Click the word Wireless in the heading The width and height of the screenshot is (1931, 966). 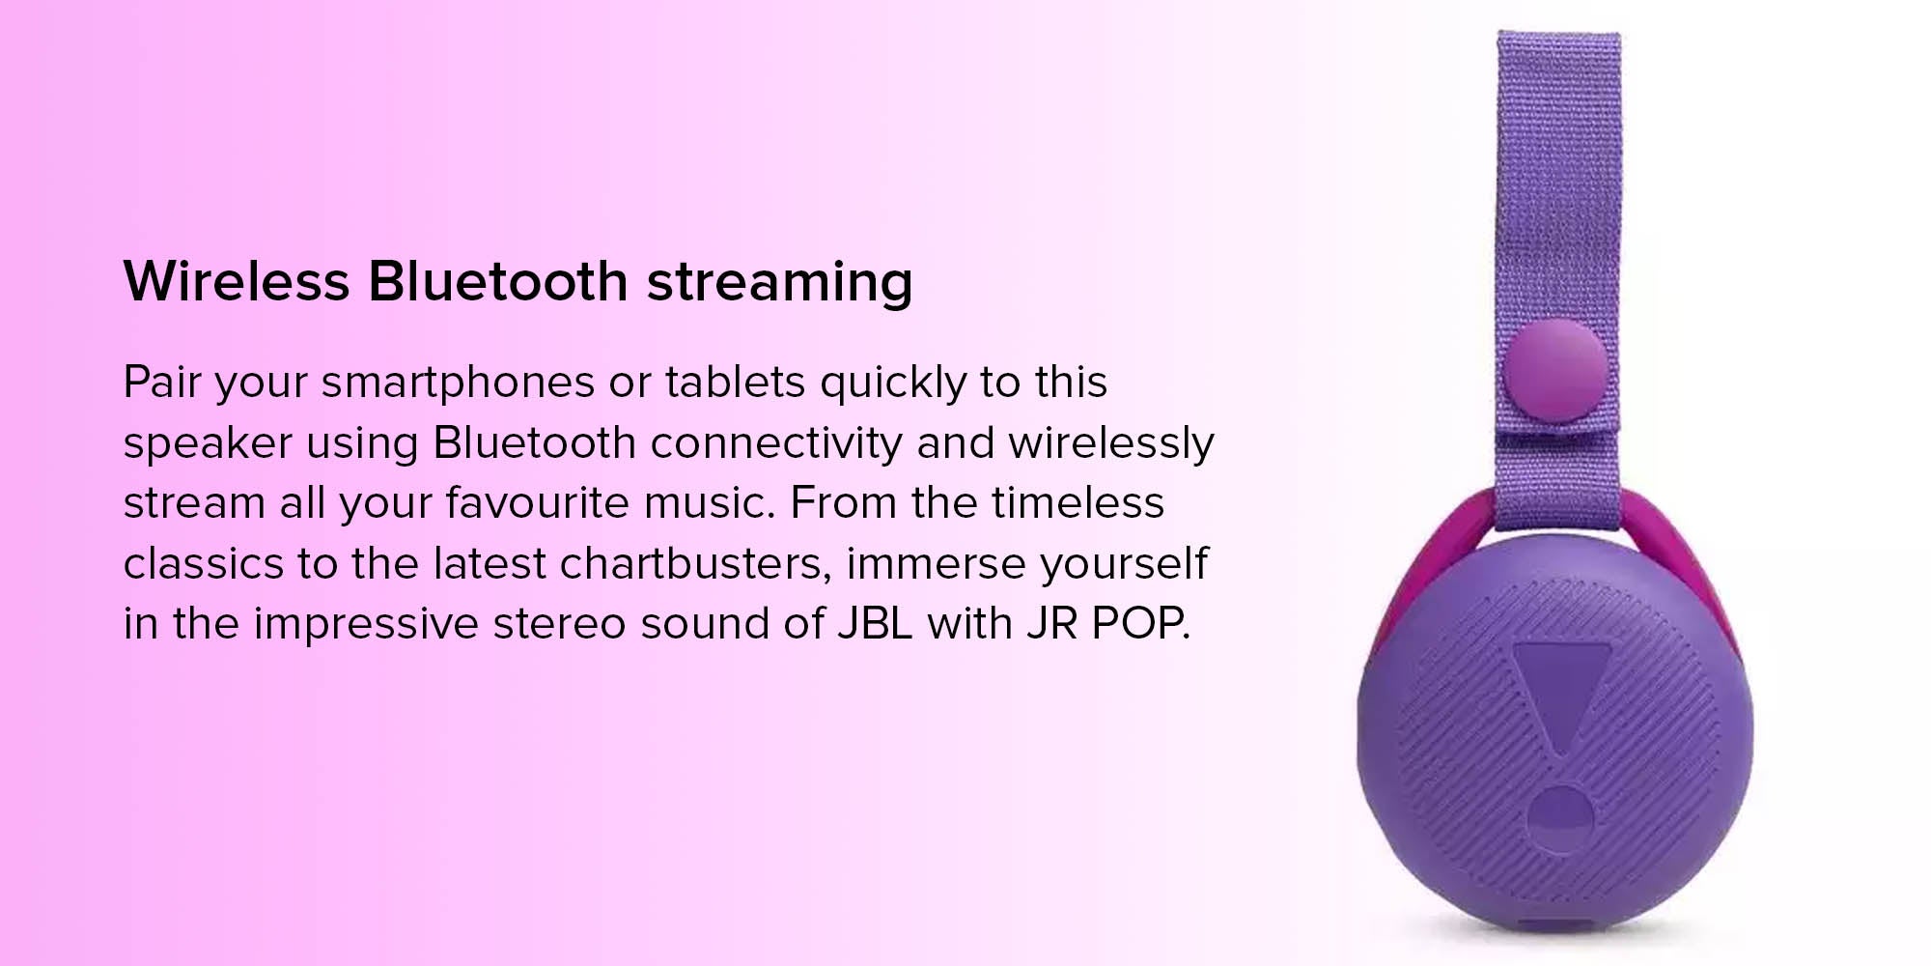tap(237, 281)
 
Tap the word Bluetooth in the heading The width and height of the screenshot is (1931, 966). tap(498, 281)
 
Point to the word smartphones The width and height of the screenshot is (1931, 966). tap(458, 384)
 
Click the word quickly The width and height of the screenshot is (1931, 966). tap(893, 384)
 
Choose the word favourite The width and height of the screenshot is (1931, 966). tap(537, 502)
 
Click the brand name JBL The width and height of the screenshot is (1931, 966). tap(875, 624)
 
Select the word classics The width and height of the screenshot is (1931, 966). tap(204, 563)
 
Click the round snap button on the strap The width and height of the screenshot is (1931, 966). tap(1555, 371)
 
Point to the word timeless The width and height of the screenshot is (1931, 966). tap(1077, 502)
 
